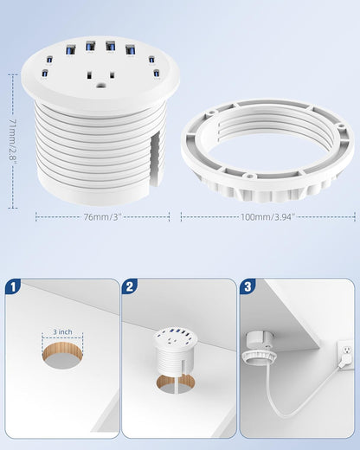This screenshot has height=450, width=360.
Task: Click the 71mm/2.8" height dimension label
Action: [x=13, y=141]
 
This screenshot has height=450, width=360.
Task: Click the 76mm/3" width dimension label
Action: [x=101, y=216]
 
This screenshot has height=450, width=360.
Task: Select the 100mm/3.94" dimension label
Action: [x=267, y=216]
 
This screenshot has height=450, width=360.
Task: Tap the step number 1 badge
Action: [x=13, y=286]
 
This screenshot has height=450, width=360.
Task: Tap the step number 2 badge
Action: [x=130, y=286]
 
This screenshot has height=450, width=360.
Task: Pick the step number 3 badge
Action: [x=247, y=286]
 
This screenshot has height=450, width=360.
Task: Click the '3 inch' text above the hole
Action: [x=62, y=332]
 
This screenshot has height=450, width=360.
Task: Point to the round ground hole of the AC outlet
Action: [x=100, y=85]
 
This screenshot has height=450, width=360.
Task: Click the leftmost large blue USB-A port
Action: [x=70, y=50]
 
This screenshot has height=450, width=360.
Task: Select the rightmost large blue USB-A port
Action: [x=131, y=49]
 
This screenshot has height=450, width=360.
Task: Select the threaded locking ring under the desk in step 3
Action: [x=259, y=357]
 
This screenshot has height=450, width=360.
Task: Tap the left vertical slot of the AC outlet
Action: [x=89, y=76]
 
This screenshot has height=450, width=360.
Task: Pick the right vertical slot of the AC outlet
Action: [x=112, y=75]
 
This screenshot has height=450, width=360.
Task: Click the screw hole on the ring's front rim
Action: [x=248, y=175]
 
